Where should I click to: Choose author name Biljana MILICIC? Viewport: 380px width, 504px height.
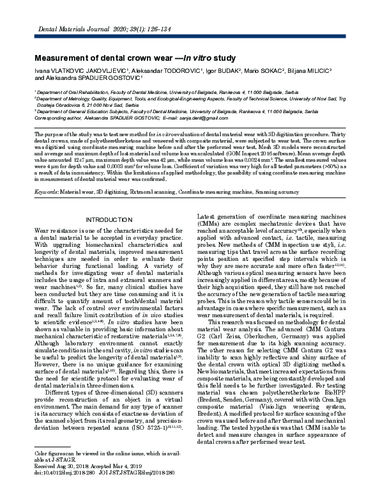[x=324, y=70]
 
